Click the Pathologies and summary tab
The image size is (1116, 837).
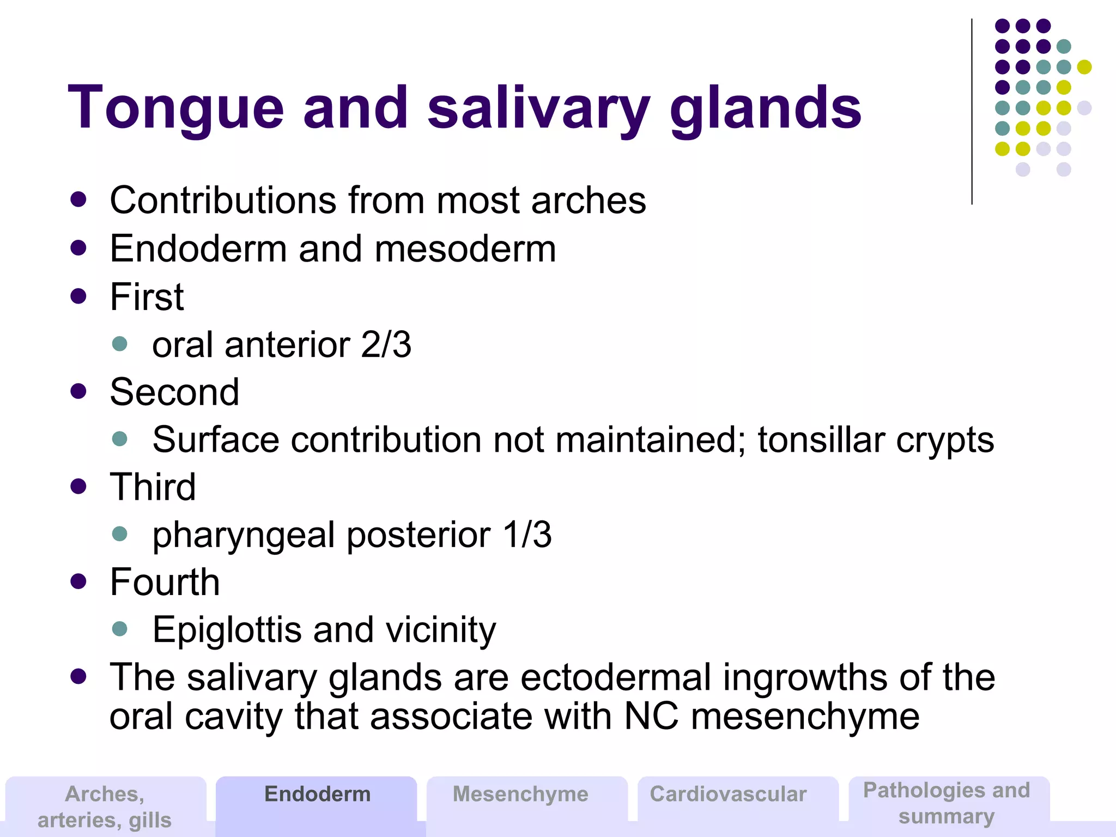pyautogui.click(x=947, y=803)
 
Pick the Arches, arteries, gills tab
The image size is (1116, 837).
pyautogui.click(x=105, y=806)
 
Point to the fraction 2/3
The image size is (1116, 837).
pyautogui.click(x=386, y=345)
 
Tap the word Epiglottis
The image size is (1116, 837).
pyautogui.click(x=227, y=630)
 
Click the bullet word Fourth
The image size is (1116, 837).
pyautogui.click(x=165, y=582)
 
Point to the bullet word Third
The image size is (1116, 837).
pyautogui.click(x=153, y=487)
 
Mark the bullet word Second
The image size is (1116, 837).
pyautogui.click(x=174, y=392)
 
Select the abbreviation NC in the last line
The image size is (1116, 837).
pyautogui.click(x=651, y=717)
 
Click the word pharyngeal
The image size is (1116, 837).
pyautogui.click(x=243, y=535)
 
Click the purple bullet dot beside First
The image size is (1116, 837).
pyautogui.click(x=78, y=296)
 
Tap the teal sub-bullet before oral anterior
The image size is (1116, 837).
pyautogui.click(x=119, y=344)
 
